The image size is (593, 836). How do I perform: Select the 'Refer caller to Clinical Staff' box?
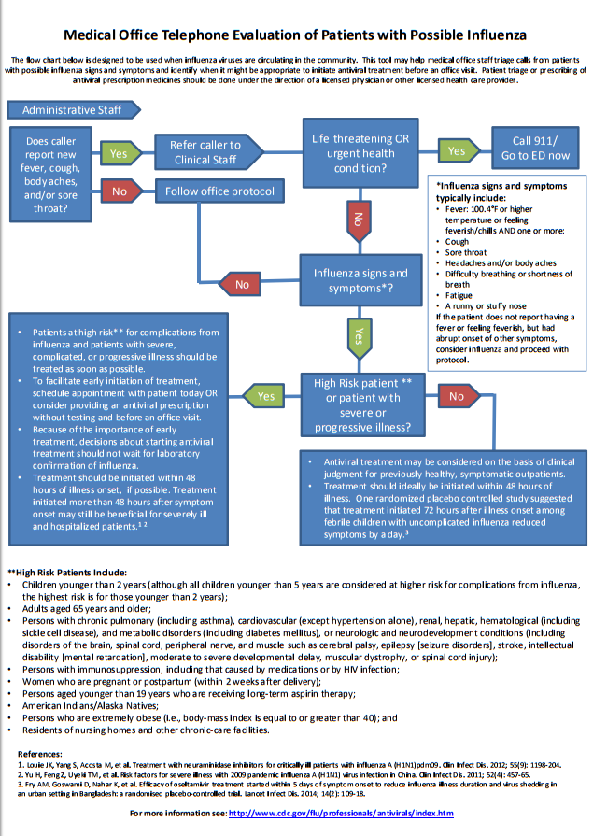(x=205, y=152)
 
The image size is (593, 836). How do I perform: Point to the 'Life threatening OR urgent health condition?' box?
(x=360, y=153)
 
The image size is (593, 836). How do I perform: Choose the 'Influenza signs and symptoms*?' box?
(x=360, y=281)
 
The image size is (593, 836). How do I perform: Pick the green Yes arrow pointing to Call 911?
(x=455, y=150)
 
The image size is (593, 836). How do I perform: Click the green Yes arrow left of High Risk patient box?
(x=264, y=396)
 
